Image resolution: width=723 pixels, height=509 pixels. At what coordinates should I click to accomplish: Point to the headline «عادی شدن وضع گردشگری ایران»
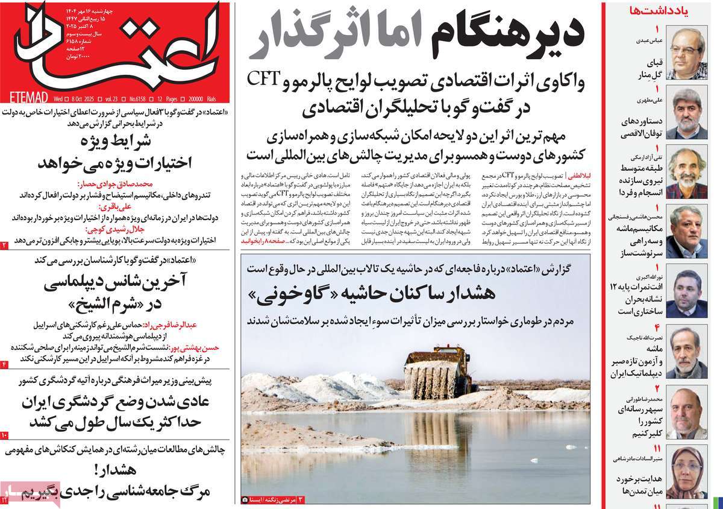pyautogui.click(x=114, y=401)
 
